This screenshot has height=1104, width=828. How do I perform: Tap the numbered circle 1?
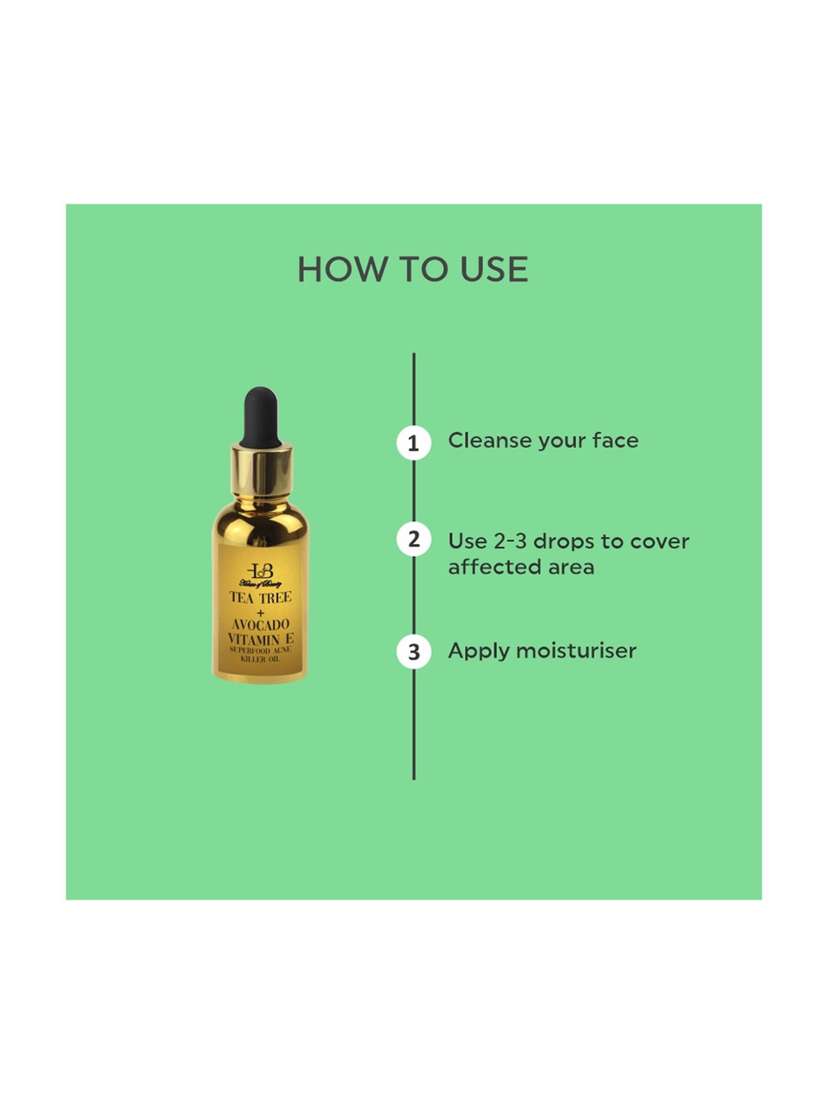[x=413, y=443]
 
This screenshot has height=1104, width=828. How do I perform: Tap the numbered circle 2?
[x=413, y=539]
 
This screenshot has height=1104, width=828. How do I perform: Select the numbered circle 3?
[x=413, y=652]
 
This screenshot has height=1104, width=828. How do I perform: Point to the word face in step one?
[x=615, y=440]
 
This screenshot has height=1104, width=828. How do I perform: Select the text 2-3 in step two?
[x=509, y=542]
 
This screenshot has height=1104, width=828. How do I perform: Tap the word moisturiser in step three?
[x=581, y=651]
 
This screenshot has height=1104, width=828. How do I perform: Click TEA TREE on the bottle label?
[x=261, y=598]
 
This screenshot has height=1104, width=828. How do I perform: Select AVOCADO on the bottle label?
[x=261, y=625]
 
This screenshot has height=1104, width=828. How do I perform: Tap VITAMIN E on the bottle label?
[x=261, y=639]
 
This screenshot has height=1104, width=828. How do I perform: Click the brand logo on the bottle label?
[x=260, y=572]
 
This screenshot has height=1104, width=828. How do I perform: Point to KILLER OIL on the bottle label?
[x=261, y=659]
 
